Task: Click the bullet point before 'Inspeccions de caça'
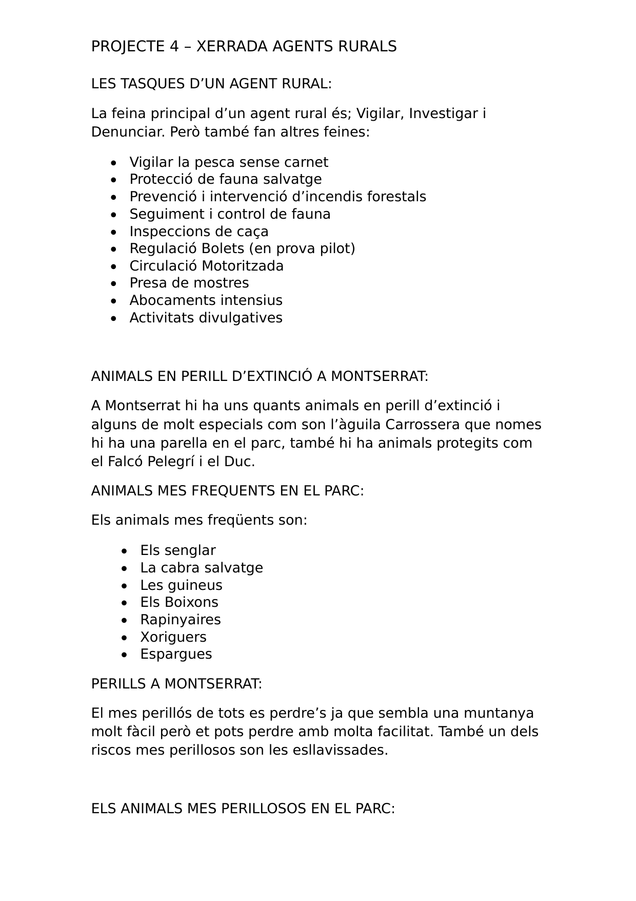tap(114, 232)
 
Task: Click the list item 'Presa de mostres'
tap(189, 283)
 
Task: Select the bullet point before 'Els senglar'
tap(125, 551)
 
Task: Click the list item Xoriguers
tap(173, 637)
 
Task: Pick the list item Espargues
tap(176, 654)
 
